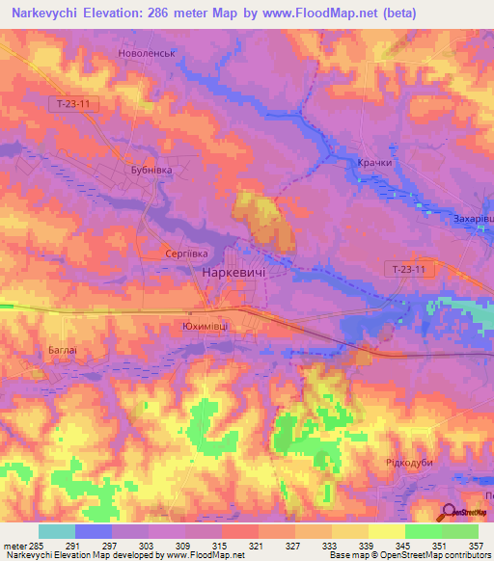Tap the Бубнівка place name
coord(151,169)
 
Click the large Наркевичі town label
coord(233,274)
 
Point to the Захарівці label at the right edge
coord(472,220)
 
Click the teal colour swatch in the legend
coord(57,531)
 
